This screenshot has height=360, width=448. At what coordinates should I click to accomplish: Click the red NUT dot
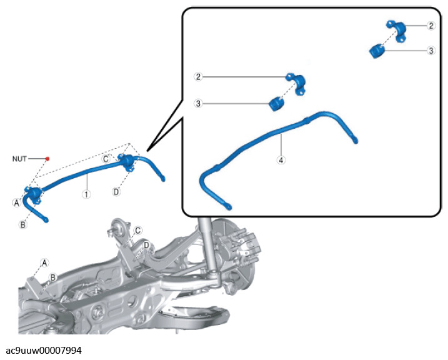(x=47, y=159)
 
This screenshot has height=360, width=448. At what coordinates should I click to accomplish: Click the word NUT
(x=19, y=159)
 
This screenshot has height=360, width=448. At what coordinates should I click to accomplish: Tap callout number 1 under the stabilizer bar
(x=86, y=194)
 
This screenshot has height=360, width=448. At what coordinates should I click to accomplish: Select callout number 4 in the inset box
(x=281, y=160)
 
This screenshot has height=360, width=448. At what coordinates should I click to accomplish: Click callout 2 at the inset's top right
(x=431, y=26)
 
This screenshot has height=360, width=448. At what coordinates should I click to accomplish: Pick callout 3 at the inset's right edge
(x=431, y=51)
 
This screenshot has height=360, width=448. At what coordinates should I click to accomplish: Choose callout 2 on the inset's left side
(x=198, y=77)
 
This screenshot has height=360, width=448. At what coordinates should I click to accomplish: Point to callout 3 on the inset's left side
(x=198, y=103)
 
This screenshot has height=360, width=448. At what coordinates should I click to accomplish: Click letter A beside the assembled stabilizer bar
(x=17, y=203)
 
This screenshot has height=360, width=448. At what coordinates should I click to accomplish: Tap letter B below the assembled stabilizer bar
(x=23, y=224)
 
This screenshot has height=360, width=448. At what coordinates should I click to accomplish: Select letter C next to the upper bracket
(x=106, y=159)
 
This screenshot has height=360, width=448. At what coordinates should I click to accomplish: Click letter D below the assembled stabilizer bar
(x=116, y=191)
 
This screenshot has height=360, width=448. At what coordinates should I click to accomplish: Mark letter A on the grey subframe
(x=44, y=262)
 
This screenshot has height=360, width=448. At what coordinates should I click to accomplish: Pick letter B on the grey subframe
(x=53, y=277)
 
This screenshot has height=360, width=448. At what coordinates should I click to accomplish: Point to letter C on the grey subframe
(x=138, y=230)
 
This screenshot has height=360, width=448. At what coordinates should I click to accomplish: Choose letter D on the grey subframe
(x=146, y=245)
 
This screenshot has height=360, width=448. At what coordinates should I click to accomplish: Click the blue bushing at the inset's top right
(x=377, y=51)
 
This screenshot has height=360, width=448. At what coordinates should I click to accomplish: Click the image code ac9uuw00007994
(x=44, y=350)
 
